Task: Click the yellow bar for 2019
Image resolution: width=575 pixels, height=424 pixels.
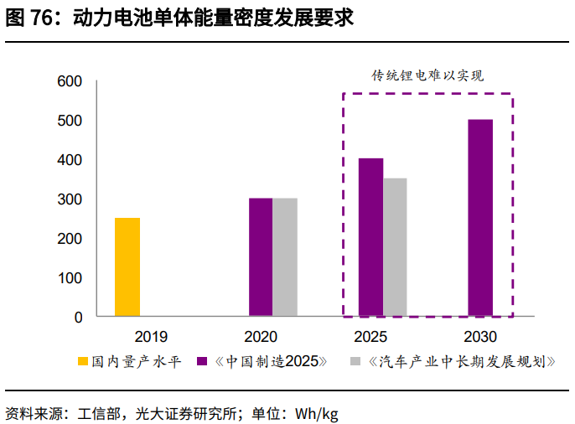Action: [x=127, y=267]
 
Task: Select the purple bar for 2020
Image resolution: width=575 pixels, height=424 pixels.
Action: [x=261, y=257]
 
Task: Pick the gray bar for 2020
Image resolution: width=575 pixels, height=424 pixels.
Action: [x=285, y=257]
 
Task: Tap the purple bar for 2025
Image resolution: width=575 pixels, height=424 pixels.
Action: [x=370, y=237]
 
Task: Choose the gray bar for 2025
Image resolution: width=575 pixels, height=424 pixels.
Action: [x=395, y=247]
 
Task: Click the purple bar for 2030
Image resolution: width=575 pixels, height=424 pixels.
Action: [x=480, y=218]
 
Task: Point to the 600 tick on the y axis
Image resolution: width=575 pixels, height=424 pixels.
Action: [x=70, y=81]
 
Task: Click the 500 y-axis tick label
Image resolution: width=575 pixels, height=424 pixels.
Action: [x=70, y=121]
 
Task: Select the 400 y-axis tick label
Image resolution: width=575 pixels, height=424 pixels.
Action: [x=70, y=160]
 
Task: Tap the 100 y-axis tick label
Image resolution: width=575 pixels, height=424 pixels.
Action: [x=70, y=278]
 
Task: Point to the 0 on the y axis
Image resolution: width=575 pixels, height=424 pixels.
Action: [x=79, y=318]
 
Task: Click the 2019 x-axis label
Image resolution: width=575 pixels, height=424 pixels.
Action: [x=151, y=337]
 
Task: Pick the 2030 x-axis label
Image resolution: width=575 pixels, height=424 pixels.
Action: [x=479, y=337]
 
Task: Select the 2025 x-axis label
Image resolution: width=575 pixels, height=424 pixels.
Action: [x=370, y=337]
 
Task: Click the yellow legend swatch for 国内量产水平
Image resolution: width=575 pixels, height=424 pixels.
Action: [x=83, y=362]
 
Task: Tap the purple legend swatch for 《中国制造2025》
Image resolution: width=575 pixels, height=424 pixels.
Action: [x=202, y=362]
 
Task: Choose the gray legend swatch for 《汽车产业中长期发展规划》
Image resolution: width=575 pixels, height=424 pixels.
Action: [x=355, y=362]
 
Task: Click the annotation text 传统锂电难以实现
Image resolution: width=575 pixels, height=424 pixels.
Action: [x=428, y=75]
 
